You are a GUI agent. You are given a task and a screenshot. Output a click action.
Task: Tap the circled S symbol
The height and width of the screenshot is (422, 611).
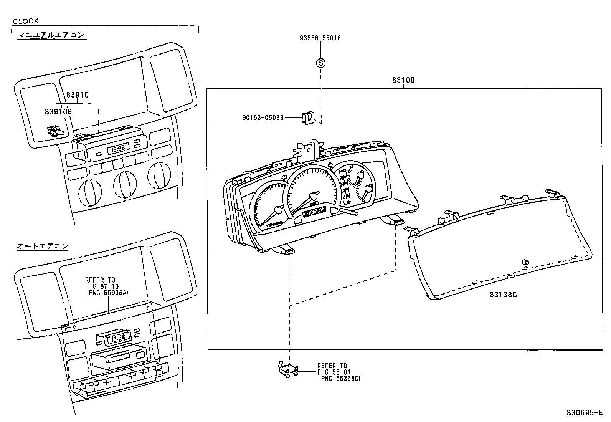pyautogui.click(x=320, y=63)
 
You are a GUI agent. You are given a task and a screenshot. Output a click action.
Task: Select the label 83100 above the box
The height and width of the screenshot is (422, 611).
pyautogui.click(x=403, y=80)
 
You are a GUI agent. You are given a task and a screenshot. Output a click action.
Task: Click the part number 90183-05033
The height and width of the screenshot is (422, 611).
pyautogui.click(x=263, y=117)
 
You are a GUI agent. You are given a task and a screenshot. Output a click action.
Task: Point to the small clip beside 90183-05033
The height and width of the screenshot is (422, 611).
pyautogui.click(x=307, y=117)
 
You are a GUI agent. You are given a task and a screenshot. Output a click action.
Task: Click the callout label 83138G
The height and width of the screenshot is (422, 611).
pyautogui.click(x=503, y=295)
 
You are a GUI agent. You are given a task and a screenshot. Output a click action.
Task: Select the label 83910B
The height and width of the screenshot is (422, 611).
pyautogui.click(x=58, y=112)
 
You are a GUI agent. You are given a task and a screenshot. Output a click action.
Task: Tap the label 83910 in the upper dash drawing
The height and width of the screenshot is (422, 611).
pyautogui.click(x=77, y=95)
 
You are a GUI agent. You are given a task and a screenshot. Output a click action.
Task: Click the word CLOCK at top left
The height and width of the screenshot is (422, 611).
pyautogui.click(x=26, y=22)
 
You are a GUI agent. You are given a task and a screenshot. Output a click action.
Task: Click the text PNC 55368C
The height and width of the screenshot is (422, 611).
pyautogui.click(x=339, y=378)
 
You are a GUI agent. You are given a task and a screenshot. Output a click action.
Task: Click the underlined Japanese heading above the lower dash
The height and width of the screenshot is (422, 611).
pyautogui.click(x=42, y=246)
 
